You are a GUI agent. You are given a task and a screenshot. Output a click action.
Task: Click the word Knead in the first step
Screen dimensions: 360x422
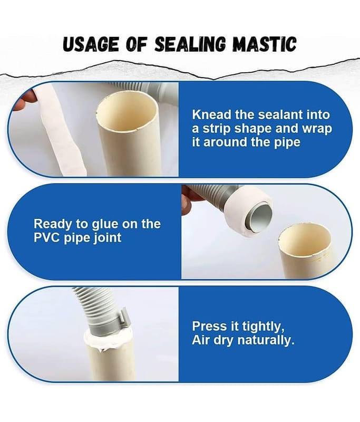coord(211,114)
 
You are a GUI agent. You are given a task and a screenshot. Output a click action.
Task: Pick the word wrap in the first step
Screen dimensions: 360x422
coord(317,129)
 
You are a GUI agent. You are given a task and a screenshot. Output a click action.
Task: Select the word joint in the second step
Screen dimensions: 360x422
coord(108,238)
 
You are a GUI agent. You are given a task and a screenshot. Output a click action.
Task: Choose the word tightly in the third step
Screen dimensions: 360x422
coord(261,327)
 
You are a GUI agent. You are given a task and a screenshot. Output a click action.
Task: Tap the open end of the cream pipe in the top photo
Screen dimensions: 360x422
coord(127,111)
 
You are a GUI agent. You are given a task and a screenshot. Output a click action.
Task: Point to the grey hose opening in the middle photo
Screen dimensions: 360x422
coord(259,217)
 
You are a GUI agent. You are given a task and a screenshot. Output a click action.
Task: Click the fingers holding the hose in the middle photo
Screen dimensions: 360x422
coord(190,200)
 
